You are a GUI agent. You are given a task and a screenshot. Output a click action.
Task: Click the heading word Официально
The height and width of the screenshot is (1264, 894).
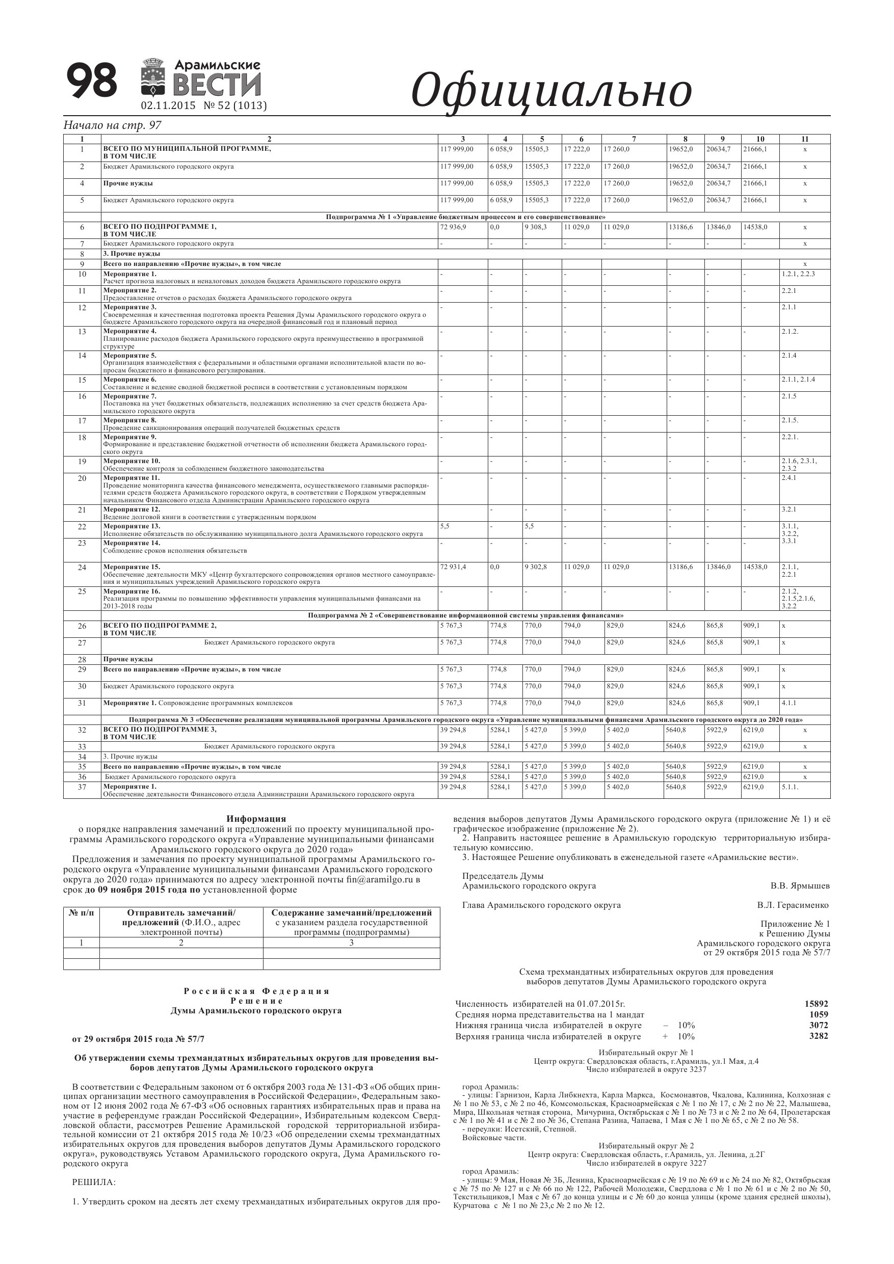[551, 90]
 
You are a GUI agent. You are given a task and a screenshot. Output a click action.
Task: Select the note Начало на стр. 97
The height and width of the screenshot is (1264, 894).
[112, 125]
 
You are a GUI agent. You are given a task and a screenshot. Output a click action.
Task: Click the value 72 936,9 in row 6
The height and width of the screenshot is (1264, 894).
[453, 227]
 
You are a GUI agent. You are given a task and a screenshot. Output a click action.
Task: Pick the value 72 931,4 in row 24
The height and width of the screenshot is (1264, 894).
[453, 567]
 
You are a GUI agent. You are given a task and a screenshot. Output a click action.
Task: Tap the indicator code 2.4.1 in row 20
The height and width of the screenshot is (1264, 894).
[789, 478]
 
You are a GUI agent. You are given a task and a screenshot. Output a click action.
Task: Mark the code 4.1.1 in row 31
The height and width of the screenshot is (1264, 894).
[789, 703]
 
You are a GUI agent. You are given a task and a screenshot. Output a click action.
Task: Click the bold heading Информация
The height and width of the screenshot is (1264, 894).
[256, 819]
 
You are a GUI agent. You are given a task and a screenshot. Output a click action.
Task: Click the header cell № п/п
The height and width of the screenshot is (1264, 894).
[82, 913]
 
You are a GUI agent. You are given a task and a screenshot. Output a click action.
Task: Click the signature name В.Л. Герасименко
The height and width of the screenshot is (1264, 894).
[792, 905]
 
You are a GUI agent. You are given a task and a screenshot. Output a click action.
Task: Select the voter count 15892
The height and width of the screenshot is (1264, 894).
[817, 1004]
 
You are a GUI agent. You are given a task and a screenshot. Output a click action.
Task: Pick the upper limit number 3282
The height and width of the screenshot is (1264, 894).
[819, 1036]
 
